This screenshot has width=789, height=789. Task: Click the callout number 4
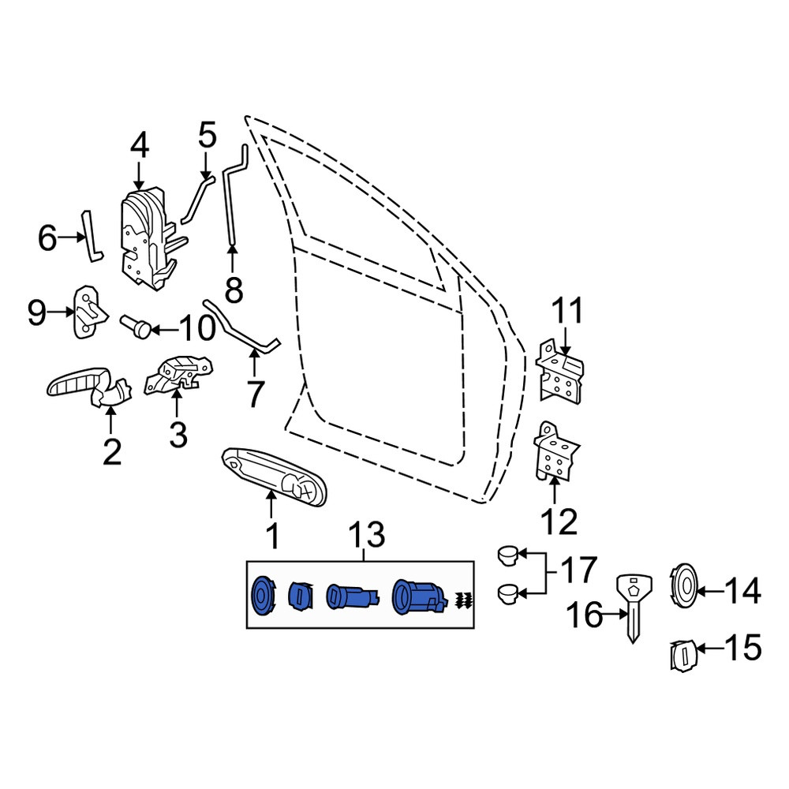140,147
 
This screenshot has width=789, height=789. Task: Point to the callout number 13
368,536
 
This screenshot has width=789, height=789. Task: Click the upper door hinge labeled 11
559,372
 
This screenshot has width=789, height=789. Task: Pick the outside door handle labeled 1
275,475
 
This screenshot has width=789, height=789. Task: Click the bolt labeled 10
136,325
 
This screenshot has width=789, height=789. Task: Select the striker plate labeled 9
90,312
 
